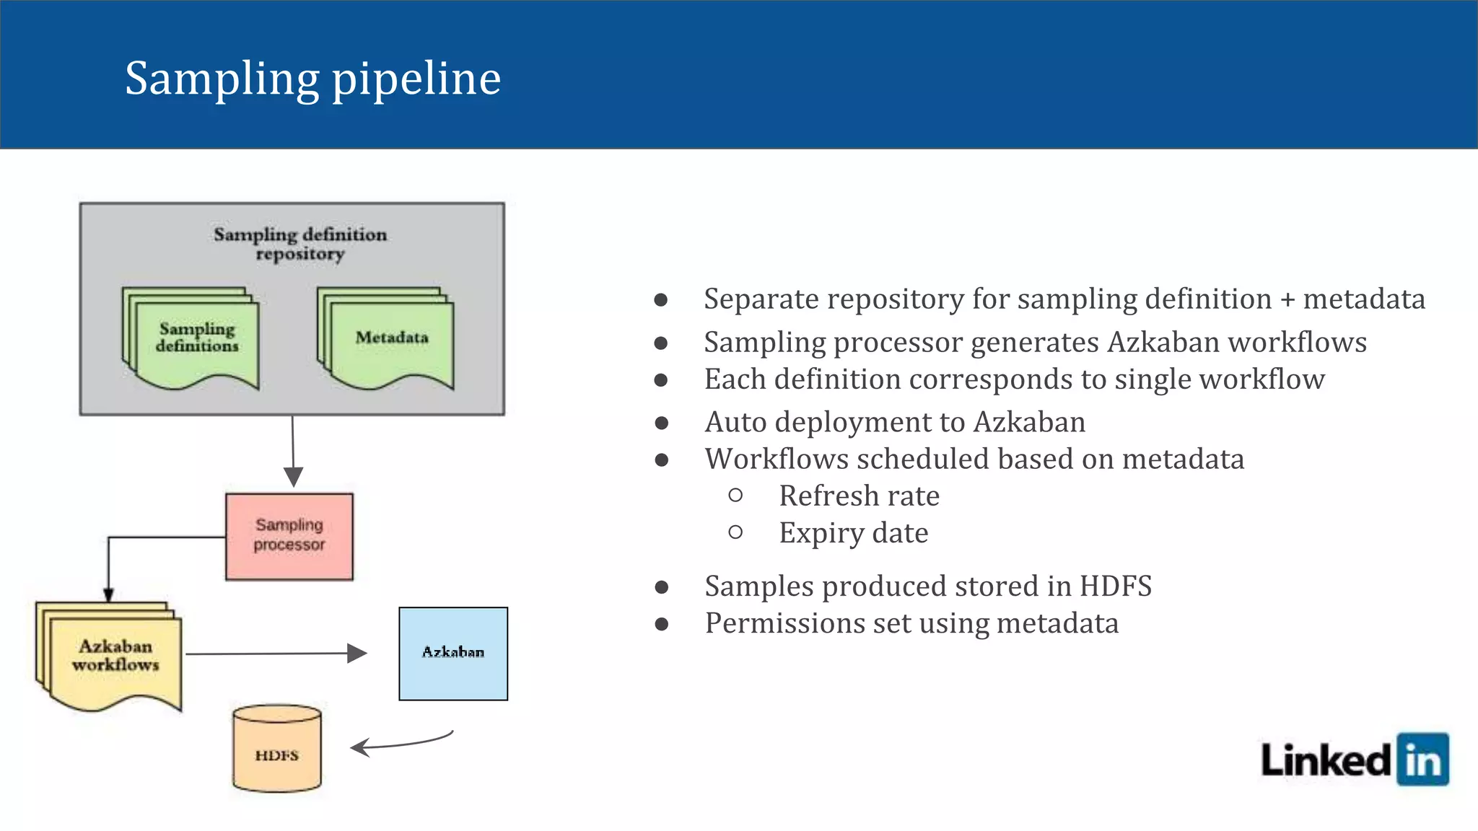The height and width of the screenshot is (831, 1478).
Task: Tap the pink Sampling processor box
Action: pyautogui.click(x=289, y=537)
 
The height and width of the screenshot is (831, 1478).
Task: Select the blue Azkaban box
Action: pyautogui.click(x=453, y=654)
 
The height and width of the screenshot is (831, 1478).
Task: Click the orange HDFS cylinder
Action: pyautogui.click(x=277, y=749)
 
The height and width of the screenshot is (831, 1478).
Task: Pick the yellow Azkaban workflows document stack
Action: pyautogui.click(x=113, y=657)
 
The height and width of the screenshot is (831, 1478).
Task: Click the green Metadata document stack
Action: pyautogui.click(x=390, y=339)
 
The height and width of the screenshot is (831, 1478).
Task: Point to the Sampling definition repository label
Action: pyautogui.click(x=300, y=244)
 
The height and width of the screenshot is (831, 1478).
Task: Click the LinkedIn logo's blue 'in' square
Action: pyautogui.click(x=1422, y=760)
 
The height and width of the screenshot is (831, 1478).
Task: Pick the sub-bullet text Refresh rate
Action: pyautogui.click(x=859, y=496)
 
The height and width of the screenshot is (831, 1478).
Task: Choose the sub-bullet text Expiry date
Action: pyautogui.click(x=853, y=533)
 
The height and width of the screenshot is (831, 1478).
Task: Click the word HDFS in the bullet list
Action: pyautogui.click(x=1115, y=586)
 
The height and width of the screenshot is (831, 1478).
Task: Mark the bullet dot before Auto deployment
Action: pyautogui.click(x=661, y=423)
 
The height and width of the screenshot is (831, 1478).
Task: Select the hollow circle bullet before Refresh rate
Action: pyautogui.click(x=735, y=496)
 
